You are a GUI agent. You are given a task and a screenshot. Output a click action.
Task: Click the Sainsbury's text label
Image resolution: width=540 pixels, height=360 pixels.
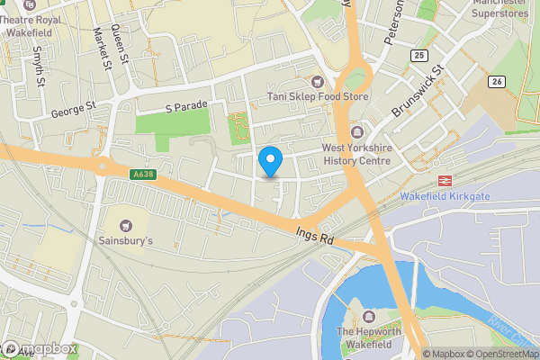pos(124,241)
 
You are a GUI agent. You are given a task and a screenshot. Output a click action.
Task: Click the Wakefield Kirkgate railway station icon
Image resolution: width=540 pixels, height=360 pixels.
pos(443,179)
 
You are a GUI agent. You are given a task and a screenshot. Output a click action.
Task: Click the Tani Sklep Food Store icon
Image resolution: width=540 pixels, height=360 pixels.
pos(316,81)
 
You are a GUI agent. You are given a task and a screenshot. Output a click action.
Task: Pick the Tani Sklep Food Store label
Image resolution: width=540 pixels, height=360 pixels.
pos(318,96)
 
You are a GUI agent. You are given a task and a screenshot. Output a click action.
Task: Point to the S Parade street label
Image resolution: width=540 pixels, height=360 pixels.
pos(186,106)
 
